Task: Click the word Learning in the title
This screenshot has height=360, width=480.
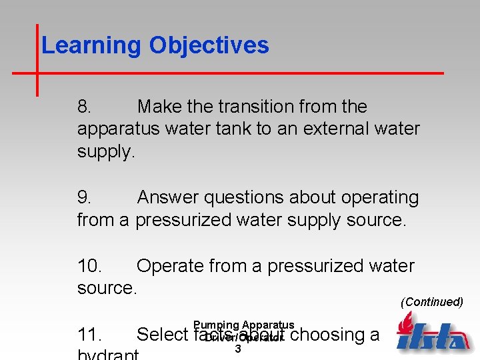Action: point(91,45)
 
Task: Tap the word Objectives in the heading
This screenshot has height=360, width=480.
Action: point(209,45)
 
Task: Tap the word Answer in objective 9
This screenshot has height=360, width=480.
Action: point(169,198)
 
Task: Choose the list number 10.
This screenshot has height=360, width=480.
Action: point(90,266)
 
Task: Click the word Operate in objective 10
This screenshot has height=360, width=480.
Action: point(170,266)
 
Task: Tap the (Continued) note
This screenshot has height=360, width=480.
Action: point(431,302)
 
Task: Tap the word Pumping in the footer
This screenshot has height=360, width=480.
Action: point(217,325)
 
